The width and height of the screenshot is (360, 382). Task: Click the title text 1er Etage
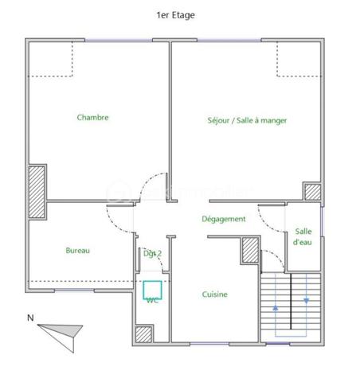175,14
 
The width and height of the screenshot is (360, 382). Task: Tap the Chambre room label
92,118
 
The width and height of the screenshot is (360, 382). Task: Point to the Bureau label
77,251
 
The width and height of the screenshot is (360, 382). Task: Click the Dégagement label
223,219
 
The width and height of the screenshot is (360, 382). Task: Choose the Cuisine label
214,294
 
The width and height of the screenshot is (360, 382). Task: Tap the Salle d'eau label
303,236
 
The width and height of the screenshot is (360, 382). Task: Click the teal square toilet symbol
151,288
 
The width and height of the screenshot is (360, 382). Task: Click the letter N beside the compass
30,318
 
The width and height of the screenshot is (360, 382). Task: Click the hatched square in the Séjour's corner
312,192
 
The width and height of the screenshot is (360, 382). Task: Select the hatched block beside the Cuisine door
249,252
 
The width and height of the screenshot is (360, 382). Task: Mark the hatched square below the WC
143,336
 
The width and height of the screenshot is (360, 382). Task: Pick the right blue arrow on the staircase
307,301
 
